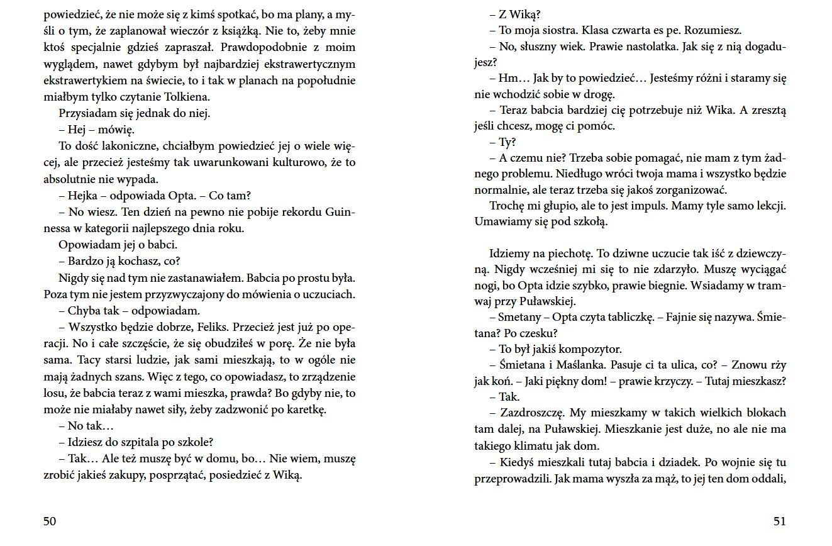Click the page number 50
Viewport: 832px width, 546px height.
50,521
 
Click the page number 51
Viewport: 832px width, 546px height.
779,521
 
